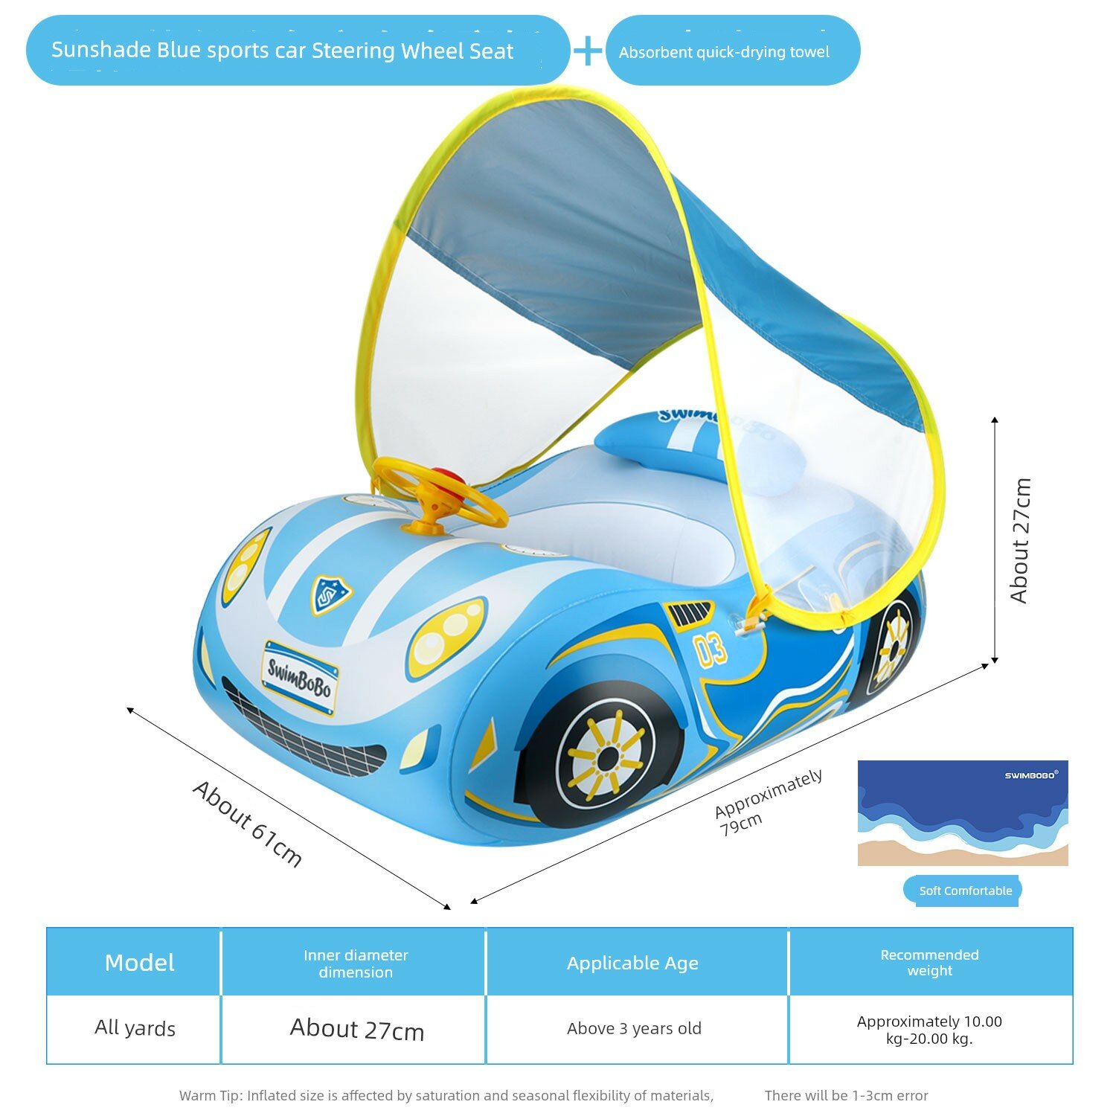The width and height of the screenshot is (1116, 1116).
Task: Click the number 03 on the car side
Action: point(711,650)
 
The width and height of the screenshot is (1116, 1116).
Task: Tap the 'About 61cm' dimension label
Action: point(248,824)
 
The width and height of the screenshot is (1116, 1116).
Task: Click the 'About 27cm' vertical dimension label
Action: point(1020,540)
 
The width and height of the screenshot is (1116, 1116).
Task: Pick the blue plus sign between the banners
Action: point(588,51)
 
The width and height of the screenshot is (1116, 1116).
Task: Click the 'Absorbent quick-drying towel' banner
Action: point(733,51)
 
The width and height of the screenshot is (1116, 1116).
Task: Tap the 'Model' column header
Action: point(140,963)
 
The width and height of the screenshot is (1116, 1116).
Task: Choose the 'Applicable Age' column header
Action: point(632,963)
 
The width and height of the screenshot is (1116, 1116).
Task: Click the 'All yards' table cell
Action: point(135,1028)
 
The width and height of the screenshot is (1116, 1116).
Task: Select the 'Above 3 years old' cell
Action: point(634,1028)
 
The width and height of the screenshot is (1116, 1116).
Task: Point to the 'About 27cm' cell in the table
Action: point(357,1029)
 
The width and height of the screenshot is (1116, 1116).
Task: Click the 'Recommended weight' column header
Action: point(929,963)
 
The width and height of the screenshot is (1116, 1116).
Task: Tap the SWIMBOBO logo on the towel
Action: point(1031,775)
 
